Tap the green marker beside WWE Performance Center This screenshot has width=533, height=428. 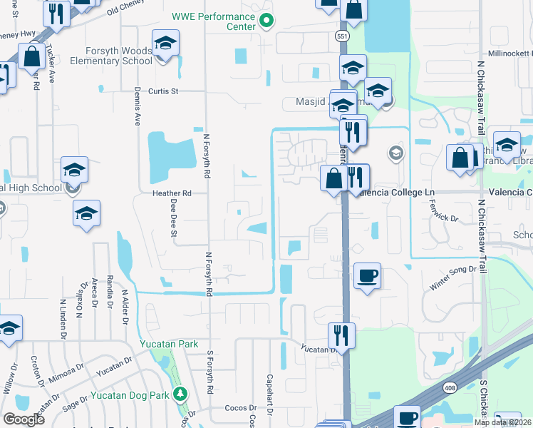[x=266, y=20]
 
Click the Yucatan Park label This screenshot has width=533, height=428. [x=168, y=344]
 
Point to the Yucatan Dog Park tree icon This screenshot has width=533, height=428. [x=181, y=394]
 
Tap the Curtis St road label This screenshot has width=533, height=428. [x=162, y=91]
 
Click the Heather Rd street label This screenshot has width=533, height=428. [x=172, y=193]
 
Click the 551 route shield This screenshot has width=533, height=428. [x=343, y=34]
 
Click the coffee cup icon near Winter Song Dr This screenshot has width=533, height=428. [x=367, y=275]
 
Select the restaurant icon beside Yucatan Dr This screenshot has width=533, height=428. [x=342, y=335]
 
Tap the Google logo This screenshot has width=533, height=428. [x=24, y=419]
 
